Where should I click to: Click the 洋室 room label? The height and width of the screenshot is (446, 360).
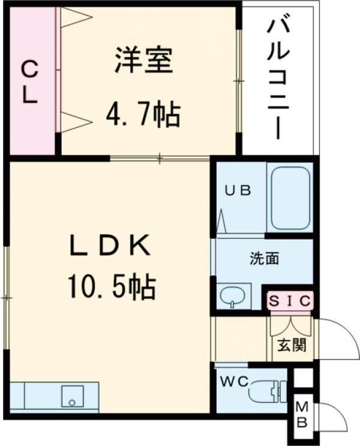(x=144, y=61)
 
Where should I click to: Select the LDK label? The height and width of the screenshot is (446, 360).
(x=110, y=245)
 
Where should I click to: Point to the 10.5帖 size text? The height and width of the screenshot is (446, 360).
(x=112, y=287)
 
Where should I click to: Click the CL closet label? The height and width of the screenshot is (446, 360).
(x=30, y=83)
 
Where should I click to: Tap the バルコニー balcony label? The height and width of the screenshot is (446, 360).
(x=278, y=80)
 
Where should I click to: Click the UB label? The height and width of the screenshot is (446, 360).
(x=238, y=190)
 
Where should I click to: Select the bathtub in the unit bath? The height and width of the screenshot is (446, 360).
(x=290, y=197)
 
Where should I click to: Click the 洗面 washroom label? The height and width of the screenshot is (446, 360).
(x=265, y=259)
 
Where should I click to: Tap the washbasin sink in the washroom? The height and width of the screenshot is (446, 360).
(x=233, y=296)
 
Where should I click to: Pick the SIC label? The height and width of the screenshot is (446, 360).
(x=290, y=301)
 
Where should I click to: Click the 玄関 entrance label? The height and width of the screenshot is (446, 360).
(x=292, y=345)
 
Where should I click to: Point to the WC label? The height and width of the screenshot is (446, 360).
(x=235, y=381)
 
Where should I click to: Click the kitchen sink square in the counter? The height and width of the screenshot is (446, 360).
(x=73, y=396)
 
